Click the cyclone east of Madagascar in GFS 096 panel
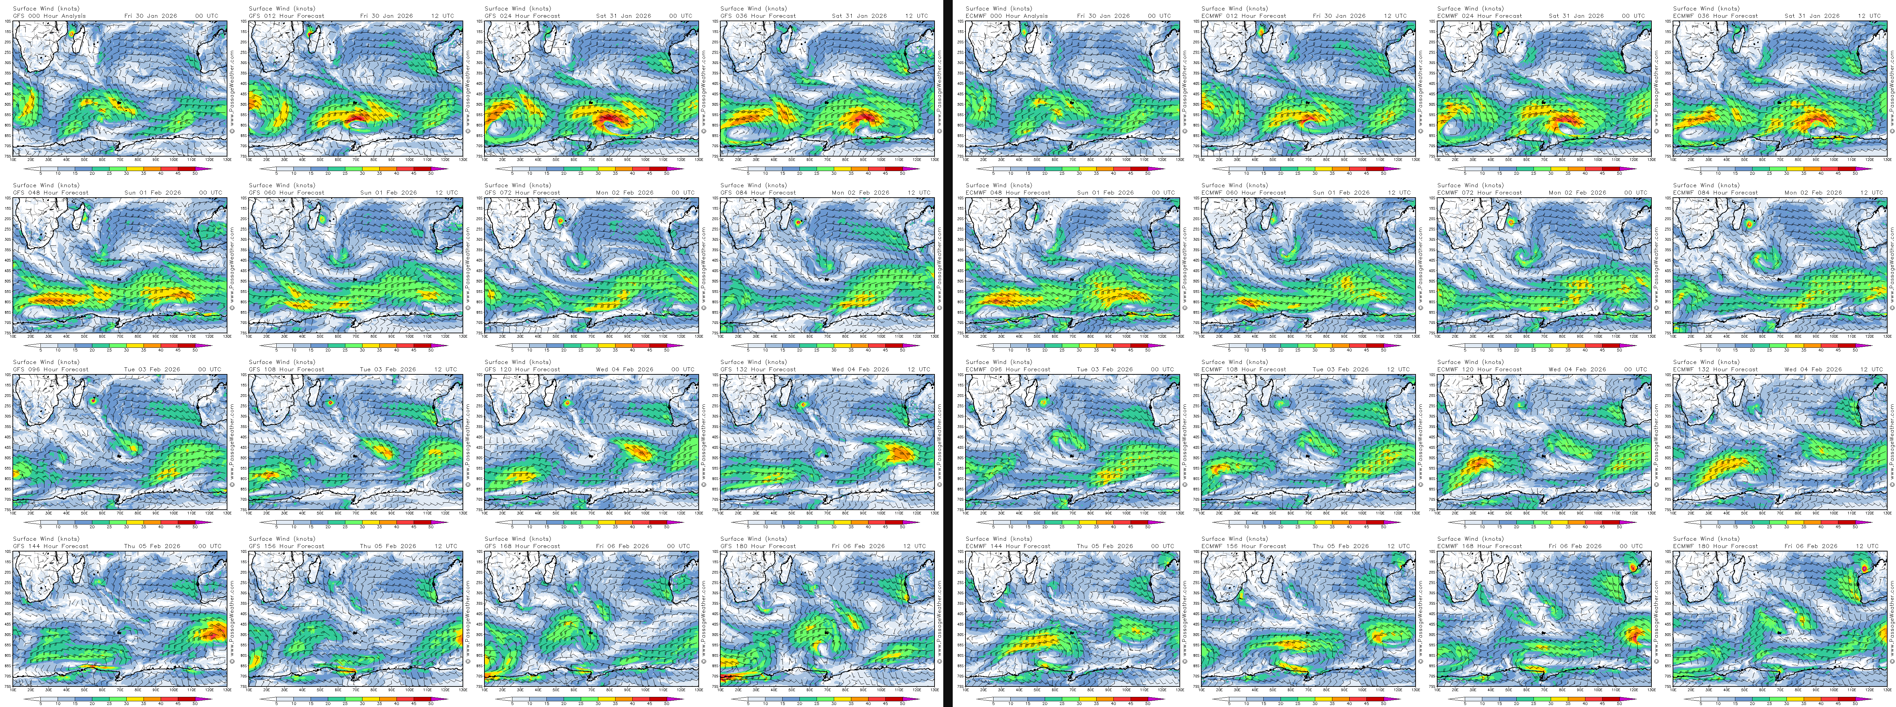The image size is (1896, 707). [93, 401]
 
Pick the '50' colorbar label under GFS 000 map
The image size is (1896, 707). [195, 174]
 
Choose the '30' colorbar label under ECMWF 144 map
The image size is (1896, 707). [1079, 703]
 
